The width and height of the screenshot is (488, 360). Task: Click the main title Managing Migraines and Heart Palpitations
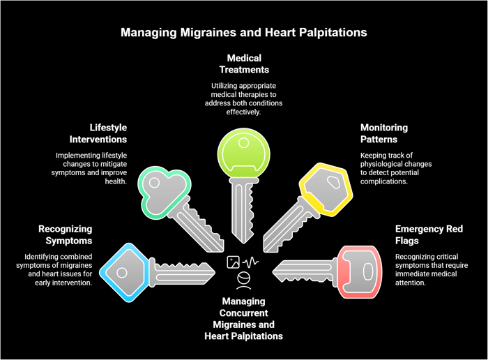coord(244,33)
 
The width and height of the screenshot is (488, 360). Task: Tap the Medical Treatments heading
coord(244,64)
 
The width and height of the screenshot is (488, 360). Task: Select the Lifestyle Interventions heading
coord(98,133)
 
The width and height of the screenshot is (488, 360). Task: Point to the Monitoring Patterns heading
coord(384,133)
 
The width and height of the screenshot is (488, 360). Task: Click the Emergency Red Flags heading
coord(429,235)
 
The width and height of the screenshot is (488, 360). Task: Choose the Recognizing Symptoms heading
coord(66,235)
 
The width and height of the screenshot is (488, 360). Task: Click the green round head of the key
coord(244,153)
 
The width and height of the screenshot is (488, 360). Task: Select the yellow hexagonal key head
coord(326,190)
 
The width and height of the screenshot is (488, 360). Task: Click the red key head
coord(360,272)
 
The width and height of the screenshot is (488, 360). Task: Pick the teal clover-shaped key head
coord(164,192)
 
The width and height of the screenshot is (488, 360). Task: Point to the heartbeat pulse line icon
coord(250,262)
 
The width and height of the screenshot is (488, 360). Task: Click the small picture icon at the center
coord(233,262)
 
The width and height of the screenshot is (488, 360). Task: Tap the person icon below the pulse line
coord(244,280)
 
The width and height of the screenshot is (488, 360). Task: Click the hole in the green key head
coord(243,143)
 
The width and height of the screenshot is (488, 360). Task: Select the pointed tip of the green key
coord(244,242)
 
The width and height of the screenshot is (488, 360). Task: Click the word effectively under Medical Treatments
coord(243,112)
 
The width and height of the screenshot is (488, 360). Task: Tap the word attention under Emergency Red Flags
coord(411,283)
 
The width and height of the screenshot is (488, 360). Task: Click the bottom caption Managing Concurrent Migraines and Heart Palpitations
coord(244,319)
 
